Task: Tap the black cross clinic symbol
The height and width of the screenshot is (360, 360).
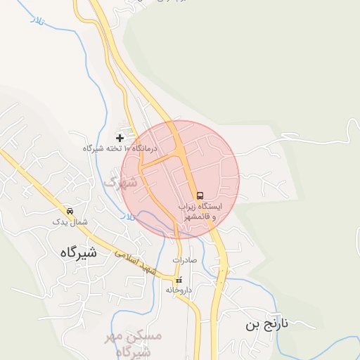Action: (120, 138)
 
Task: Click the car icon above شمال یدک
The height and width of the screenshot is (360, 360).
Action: (70, 211)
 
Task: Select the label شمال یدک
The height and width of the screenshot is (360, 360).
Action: (70, 221)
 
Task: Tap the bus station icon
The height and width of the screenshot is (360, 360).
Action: (200, 195)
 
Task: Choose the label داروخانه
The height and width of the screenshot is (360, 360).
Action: (179, 290)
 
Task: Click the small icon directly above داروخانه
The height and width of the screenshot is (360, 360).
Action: (179, 280)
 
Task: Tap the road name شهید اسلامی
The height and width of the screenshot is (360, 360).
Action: (137, 260)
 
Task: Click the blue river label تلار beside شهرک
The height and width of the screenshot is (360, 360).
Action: (126, 219)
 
